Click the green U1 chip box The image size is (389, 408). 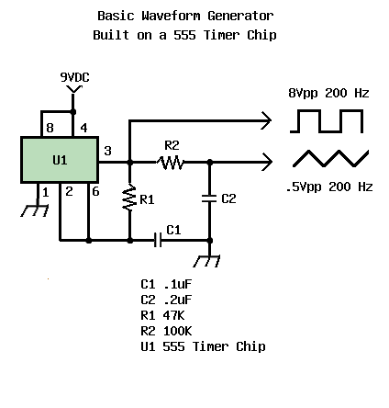(x=60, y=160)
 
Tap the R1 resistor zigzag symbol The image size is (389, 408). (x=129, y=198)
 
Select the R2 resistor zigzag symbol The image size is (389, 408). (x=171, y=163)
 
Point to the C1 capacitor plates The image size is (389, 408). (x=158, y=240)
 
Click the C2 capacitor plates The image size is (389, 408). (x=209, y=198)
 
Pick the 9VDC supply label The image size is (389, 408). (x=74, y=77)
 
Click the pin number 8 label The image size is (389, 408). (x=50, y=128)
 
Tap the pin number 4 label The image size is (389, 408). (x=83, y=128)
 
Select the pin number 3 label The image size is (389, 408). (x=107, y=151)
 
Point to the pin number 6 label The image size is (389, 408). (x=95, y=191)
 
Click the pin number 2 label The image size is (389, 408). (x=69, y=191)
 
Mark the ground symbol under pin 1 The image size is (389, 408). (x=35, y=210)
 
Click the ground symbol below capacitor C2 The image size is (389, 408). (x=206, y=261)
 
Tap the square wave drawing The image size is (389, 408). (x=327, y=121)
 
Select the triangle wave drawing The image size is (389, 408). (x=330, y=158)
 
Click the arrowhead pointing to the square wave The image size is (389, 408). (x=266, y=120)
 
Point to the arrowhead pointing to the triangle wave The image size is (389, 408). (x=267, y=162)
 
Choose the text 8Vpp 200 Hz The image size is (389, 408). (x=328, y=93)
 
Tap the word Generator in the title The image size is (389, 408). (x=240, y=16)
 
